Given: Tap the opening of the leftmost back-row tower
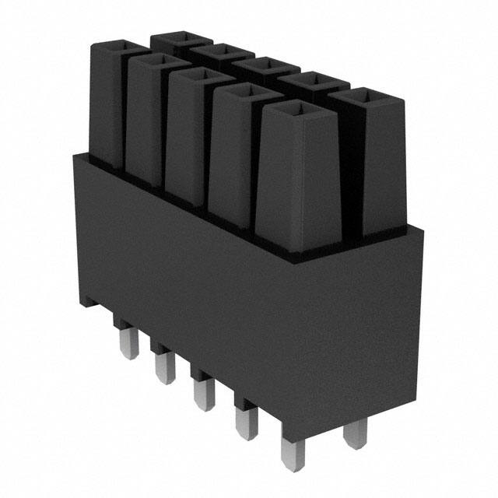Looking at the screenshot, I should tap(182, 37).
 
